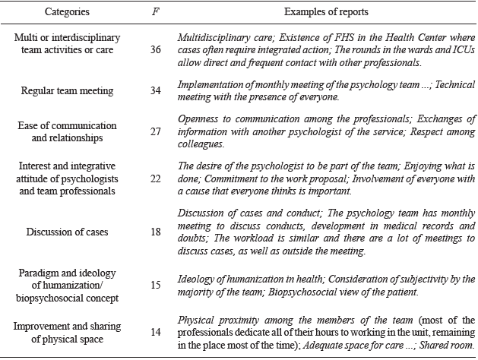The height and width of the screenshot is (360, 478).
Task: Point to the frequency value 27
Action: click(x=157, y=130)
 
